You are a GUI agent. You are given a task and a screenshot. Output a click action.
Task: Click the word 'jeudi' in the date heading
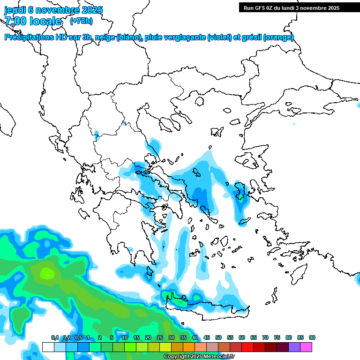click(x=16, y=10)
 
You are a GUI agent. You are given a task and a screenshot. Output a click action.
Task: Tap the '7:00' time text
click(x=15, y=21)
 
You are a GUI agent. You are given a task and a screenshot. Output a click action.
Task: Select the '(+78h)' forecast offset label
click(x=81, y=21)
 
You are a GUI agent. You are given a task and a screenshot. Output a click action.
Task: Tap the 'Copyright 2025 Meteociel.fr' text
click(x=199, y=357)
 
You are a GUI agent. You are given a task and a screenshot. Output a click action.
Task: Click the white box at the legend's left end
click(x=48, y=347)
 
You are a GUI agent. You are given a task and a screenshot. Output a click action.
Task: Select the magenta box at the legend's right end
click(x=306, y=347)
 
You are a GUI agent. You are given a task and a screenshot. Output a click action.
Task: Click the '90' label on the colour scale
click(x=312, y=338)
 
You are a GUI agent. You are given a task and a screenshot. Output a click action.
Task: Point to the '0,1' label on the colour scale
click(x=55, y=338)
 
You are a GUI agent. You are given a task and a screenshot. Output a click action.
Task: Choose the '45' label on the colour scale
click(x=207, y=338)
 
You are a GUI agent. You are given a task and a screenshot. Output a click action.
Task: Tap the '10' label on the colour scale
click(x=125, y=338)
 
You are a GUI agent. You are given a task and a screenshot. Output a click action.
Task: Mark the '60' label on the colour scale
click(x=242, y=338)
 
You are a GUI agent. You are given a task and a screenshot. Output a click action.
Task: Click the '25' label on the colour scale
click(x=160, y=338)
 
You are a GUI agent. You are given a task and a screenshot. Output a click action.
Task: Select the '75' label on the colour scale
click(x=277, y=338)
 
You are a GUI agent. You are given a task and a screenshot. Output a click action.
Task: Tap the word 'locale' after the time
click(x=45, y=21)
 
